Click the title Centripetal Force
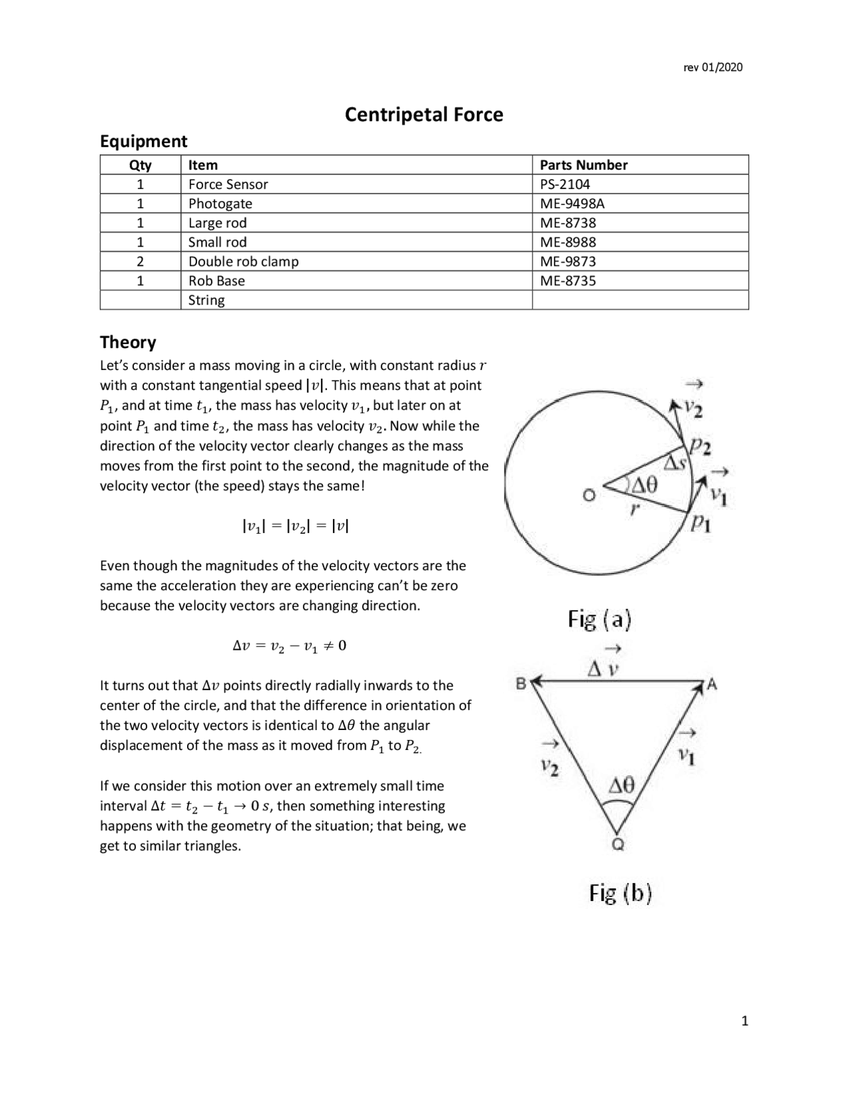tap(424, 115)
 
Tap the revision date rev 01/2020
tap(713, 67)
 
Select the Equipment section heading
tap(143, 141)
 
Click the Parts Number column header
tap(583, 165)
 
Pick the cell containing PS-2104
tap(564, 184)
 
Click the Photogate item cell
tap(220, 204)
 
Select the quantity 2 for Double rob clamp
tap(140, 261)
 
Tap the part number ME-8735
tap(568, 280)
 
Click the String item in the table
tap(206, 300)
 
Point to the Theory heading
tap(128, 342)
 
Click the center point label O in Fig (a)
tap(588, 495)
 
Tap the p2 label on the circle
tap(700, 447)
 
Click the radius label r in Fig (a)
tap(635, 509)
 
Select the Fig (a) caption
tap(600, 619)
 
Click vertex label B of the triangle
tap(521, 682)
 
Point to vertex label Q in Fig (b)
tap(617, 845)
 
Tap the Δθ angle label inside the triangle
tap(621, 786)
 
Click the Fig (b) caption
tap(621, 893)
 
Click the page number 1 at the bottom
tap(744, 1021)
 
